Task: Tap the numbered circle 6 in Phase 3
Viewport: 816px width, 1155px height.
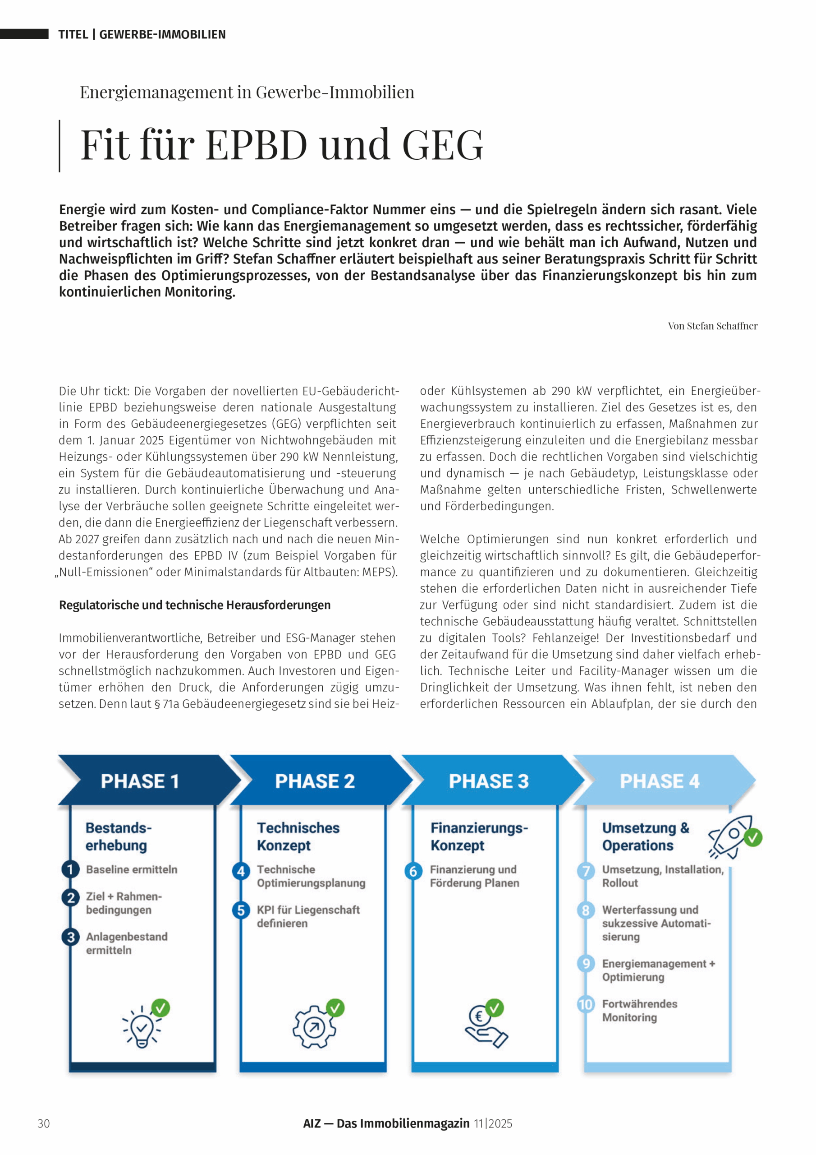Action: tap(413, 871)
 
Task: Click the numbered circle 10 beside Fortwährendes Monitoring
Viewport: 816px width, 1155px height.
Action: tap(586, 1005)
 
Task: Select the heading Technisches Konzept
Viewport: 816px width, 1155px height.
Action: tap(298, 836)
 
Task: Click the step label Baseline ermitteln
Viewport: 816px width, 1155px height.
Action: tap(132, 869)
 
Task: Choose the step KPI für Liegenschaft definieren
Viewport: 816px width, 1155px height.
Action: tap(308, 916)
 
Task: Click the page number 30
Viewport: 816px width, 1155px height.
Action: tap(44, 1124)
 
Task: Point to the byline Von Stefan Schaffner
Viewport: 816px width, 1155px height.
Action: tap(712, 326)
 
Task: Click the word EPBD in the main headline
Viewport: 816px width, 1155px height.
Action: tap(257, 145)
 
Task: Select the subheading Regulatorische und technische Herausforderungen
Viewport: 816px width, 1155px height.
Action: tap(195, 605)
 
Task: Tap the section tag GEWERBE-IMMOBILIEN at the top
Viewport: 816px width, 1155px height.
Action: tap(162, 35)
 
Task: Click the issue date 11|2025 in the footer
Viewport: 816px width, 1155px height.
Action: tap(493, 1124)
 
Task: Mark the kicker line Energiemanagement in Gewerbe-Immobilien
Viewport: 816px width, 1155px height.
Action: tap(247, 92)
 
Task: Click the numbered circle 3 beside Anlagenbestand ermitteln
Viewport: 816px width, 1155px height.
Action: tap(71, 938)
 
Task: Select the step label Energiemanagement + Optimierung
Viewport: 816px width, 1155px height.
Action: tap(658, 970)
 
